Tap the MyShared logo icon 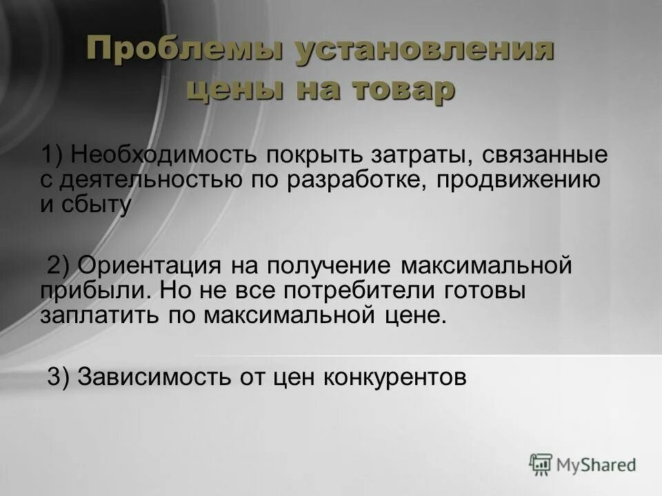click(x=541, y=464)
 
